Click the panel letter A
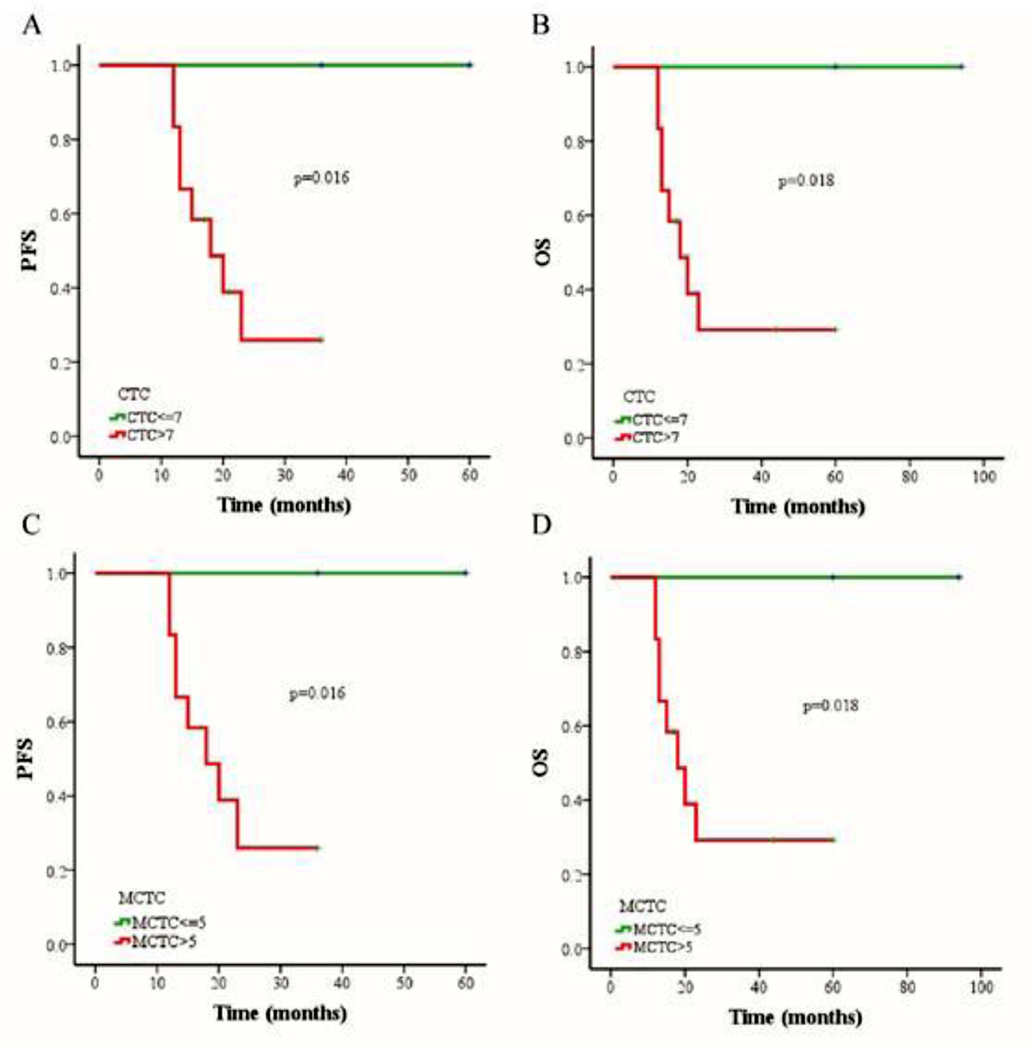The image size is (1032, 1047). click(x=31, y=24)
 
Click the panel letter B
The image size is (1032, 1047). click(x=541, y=24)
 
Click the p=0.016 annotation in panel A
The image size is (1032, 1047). click(x=321, y=177)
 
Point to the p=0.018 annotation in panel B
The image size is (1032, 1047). click(x=806, y=181)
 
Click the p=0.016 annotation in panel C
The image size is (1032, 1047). click(x=317, y=693)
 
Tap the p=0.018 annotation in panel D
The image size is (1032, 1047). click(x=831, y=705)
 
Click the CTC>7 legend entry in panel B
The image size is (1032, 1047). click(x=655, y=437)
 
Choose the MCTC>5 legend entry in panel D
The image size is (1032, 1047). click(x=662, y=947)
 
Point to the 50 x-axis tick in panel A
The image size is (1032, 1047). click(x=409, y=475)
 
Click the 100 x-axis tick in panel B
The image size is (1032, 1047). click(x=984, y=476)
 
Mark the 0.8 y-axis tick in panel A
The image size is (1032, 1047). click(x=61, y=140)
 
